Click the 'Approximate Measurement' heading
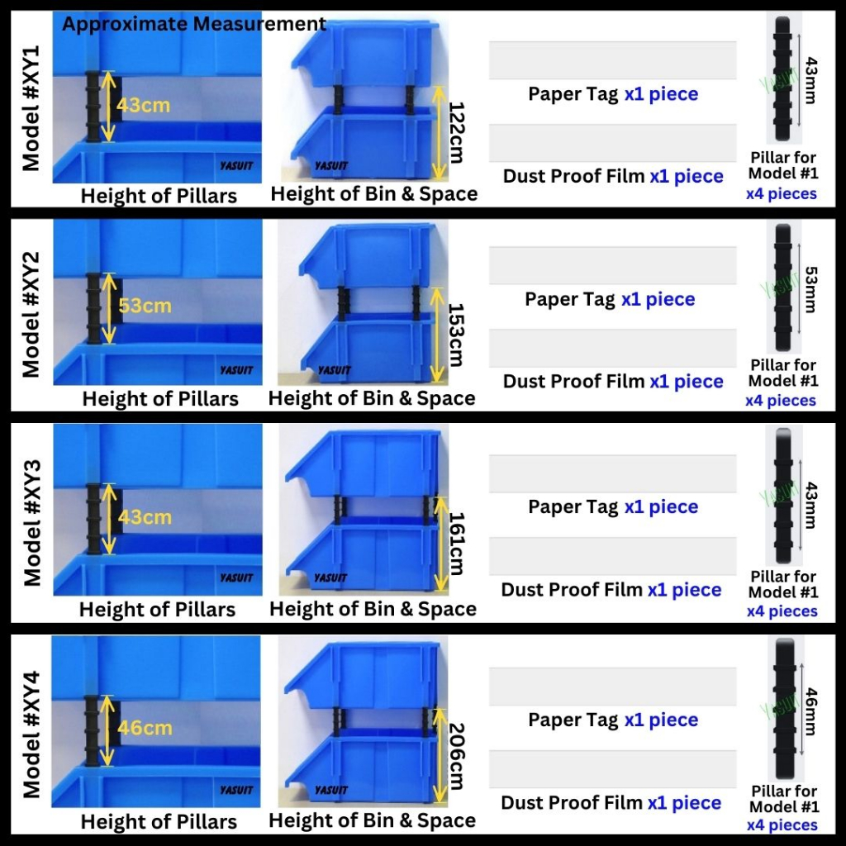tap(193, 24)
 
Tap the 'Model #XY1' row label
tap(31, 108)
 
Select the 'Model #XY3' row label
tap(32, 523)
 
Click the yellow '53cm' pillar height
tap(145, 306)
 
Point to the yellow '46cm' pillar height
tap(145, 728)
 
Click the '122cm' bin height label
tap(456, 133)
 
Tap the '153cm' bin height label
tap(456, 335)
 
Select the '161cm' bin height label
tap(456, 544)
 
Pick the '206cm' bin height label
tap(456, 757)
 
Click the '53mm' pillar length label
tap(811, 290)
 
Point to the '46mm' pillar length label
tap(811, 711)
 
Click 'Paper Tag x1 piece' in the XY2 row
tap(610, 299)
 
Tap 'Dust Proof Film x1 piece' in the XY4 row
tap(611, 802)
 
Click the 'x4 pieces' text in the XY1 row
tap(782, 193)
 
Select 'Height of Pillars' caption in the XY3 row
tap(158, 610)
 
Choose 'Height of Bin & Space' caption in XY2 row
tap(372, 398)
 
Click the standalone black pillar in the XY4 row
tap(785, 709)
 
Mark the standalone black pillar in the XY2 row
tap(783, 288)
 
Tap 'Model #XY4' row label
tap(31, 734)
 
